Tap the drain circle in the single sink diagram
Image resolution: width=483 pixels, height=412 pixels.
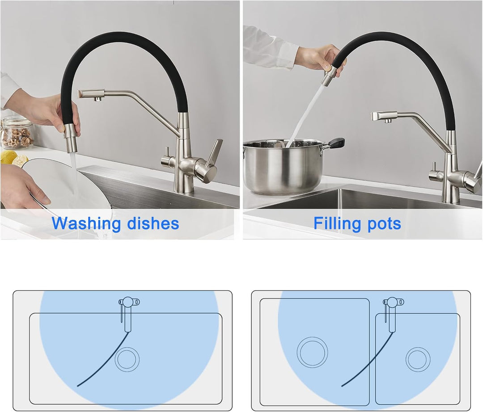point(127,359)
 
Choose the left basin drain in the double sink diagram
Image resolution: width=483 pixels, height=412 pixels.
point(312,352)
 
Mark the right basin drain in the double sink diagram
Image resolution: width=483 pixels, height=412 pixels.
point(418,359)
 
